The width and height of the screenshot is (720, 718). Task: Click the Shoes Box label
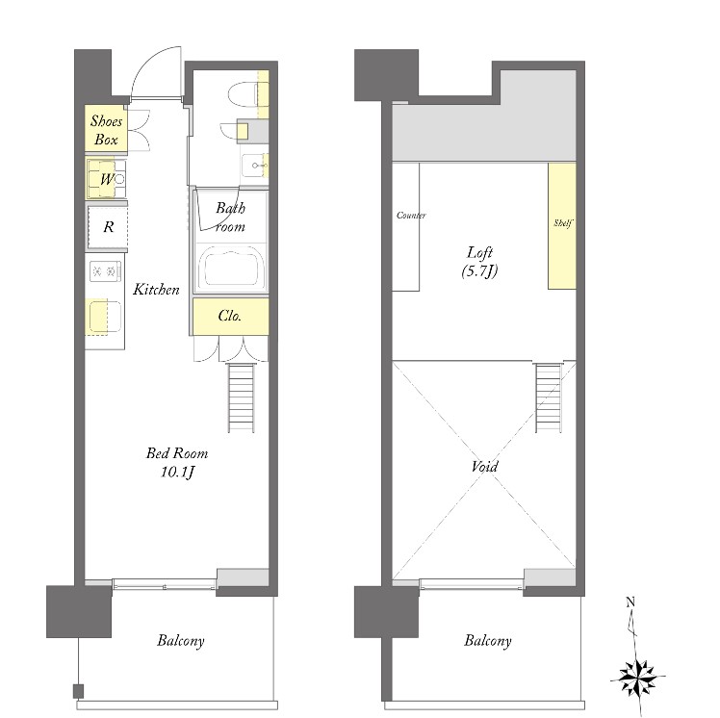106,130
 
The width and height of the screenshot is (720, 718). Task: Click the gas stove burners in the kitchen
105,270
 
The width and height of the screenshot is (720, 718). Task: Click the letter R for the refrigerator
109,227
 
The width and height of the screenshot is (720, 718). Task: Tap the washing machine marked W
107,179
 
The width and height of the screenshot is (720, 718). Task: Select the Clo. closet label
230,316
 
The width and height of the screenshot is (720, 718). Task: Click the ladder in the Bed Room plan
241,397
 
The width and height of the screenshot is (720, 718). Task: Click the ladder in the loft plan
549,397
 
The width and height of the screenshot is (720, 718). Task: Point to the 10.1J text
178,472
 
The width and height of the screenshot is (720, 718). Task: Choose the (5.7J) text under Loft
480,271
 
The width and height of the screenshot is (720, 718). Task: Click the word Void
484,467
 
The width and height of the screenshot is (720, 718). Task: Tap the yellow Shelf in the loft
562,226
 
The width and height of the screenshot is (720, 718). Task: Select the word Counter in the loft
411,215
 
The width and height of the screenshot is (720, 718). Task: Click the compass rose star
637,678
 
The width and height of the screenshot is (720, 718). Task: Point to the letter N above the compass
630,602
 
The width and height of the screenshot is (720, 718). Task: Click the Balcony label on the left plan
180,641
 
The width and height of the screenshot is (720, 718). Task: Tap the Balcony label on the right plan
488,641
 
